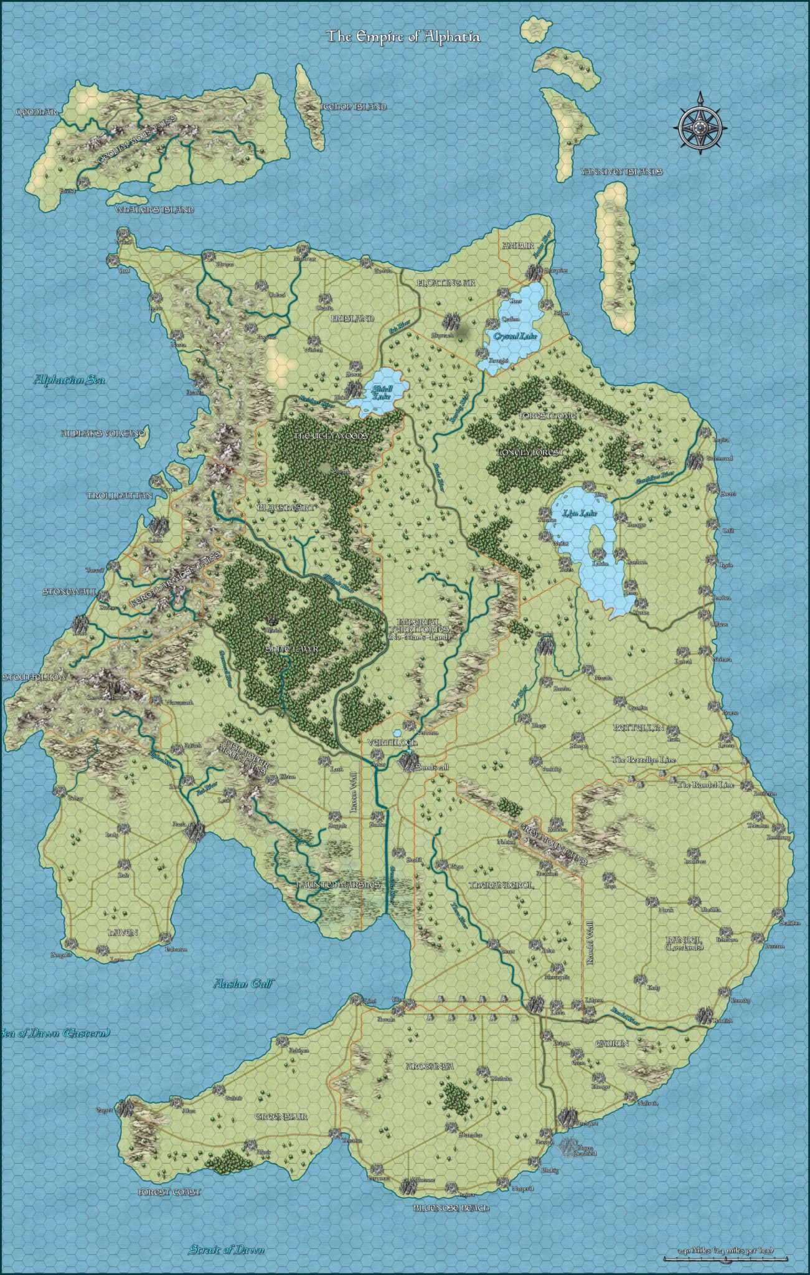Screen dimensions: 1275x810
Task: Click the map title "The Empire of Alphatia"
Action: (403, 37)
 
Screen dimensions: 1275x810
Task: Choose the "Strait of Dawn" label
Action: (227, 1232)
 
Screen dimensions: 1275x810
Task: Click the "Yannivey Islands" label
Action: (621, 172)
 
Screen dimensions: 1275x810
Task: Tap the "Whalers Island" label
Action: (154, 210)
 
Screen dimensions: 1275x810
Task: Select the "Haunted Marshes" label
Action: (337, 884)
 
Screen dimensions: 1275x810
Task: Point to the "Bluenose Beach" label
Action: (451, 1208)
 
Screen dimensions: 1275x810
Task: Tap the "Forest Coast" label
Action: (169, 1192)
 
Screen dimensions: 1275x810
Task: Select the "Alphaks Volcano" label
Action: (103, 433)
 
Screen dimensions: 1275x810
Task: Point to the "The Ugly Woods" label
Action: (331, 436)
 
